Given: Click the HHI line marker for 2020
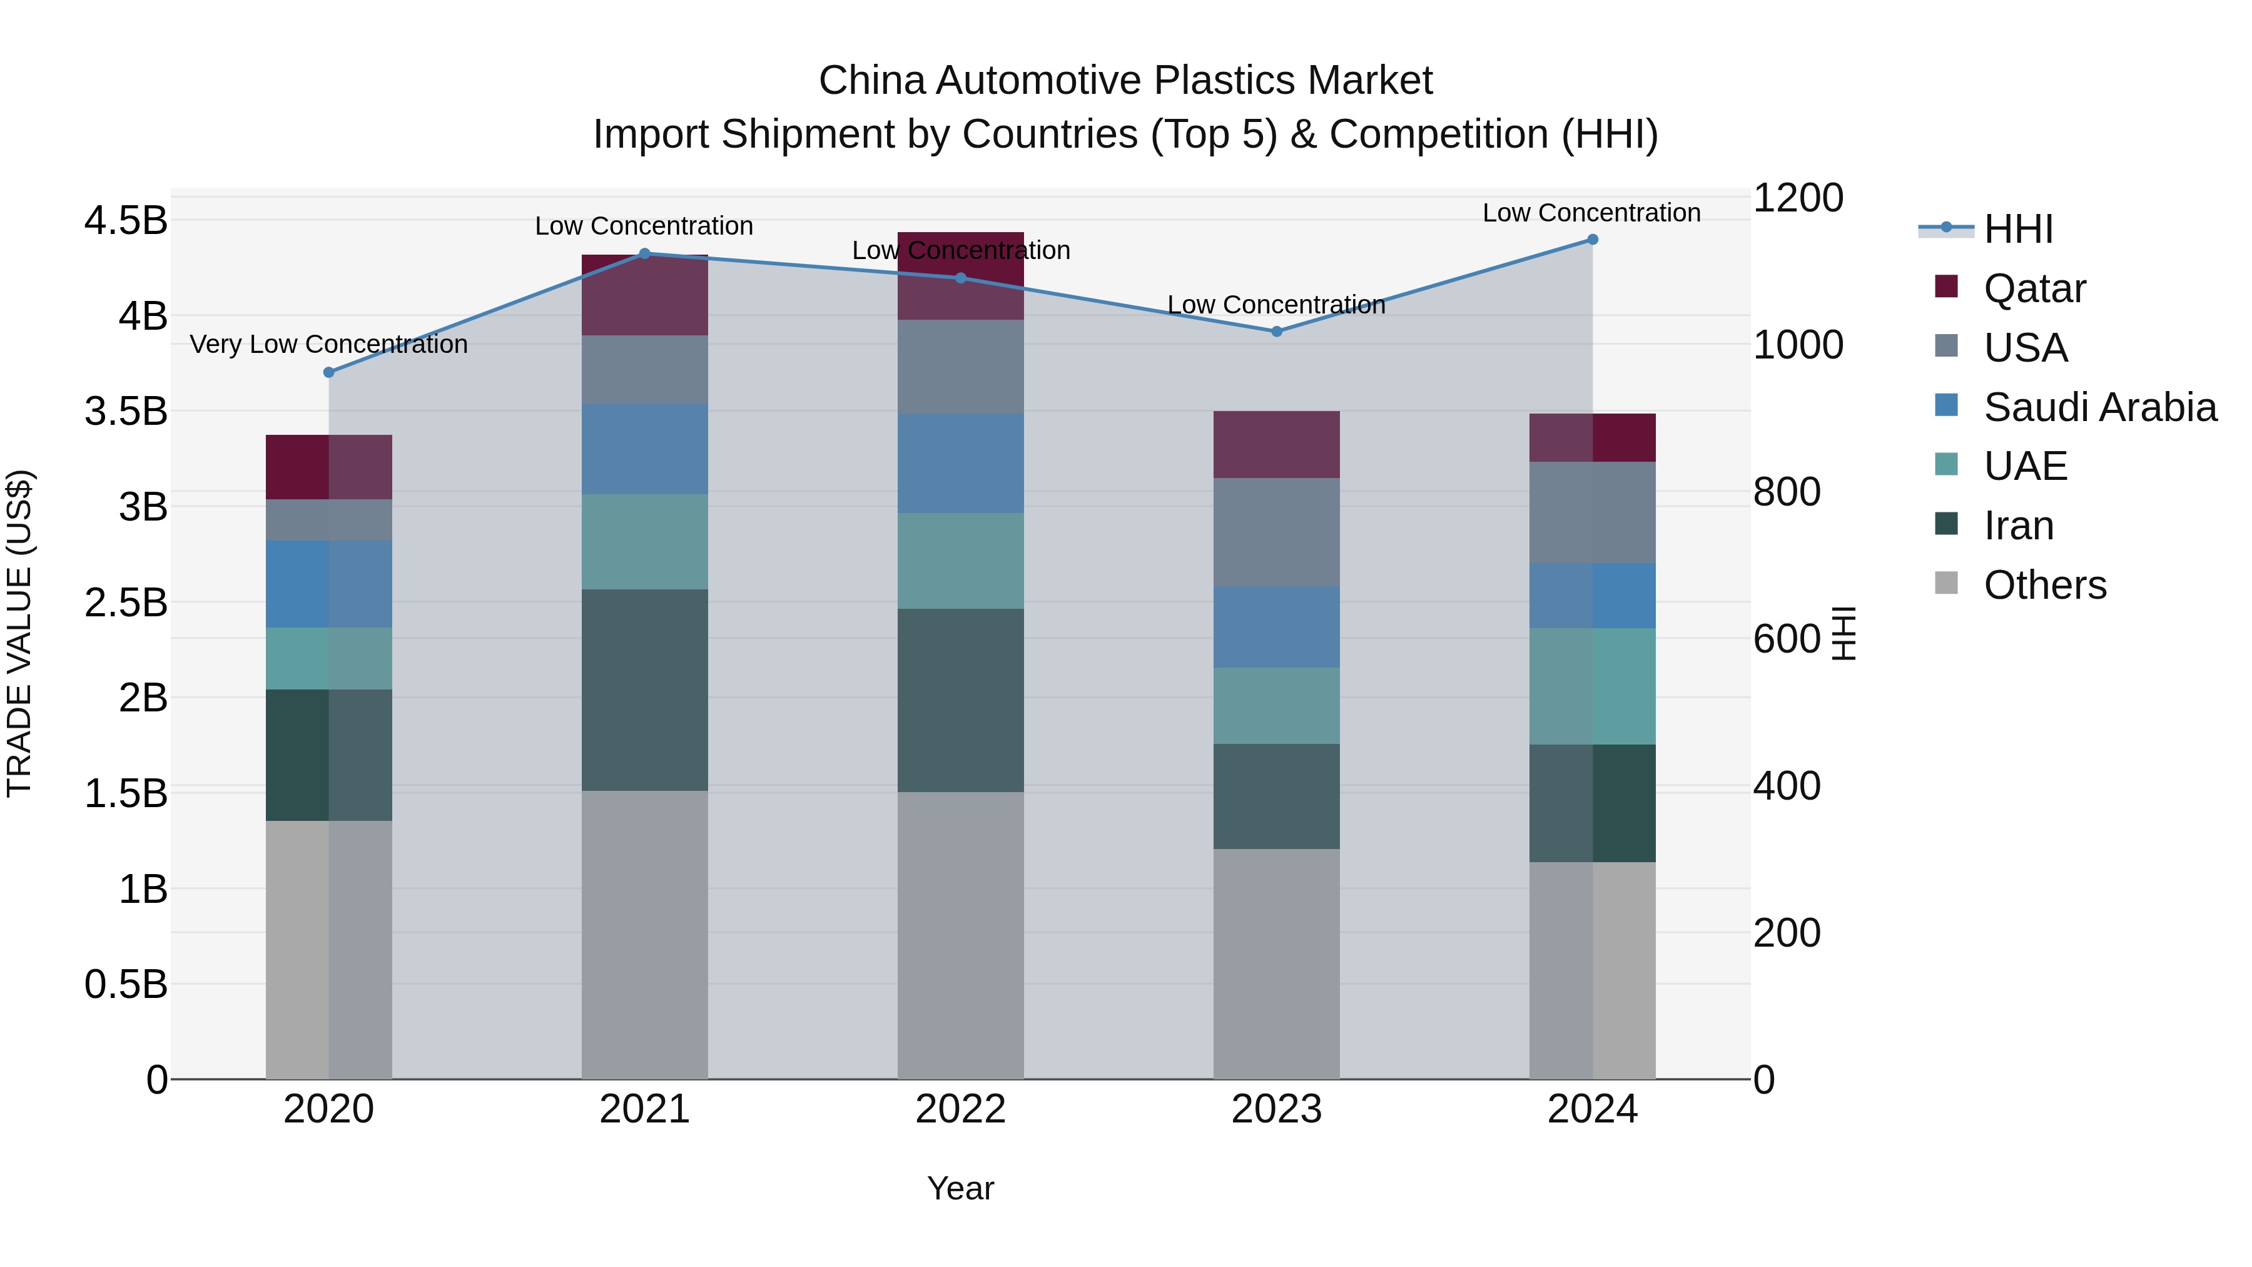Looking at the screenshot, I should pyautogui.click(x=328, y=372).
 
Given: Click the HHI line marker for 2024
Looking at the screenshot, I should pyautogui.click(x=1592, y=240).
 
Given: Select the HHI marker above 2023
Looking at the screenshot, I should pyautogui.click(x=1276, y=332).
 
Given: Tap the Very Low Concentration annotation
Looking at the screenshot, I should pyautogui.click(x=328, y=345).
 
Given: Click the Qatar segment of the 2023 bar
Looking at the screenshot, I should pyautogui.click(x=1276, y=444).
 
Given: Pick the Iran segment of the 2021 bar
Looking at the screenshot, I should pyautogui.click(x=644, y=690).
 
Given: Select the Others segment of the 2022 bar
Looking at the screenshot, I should pyautogui.click(x=960, y=935).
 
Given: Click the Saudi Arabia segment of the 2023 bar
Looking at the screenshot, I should pyautogui.click(x=1276, y=626).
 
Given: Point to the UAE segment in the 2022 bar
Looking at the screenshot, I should pyautogui.click(x=960, y=561).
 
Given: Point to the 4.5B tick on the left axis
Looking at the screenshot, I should pyautogui.click(x=126, y=220).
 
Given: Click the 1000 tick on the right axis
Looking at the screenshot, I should pyautogui.click(x=1798, y=345).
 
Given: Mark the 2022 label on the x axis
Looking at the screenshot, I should pyautogui.click(x=960, y=1109).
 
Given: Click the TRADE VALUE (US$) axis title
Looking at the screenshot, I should pyautogui.click(x=20, y=633).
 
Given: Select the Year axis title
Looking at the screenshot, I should pyautogui.click(x=960, y=1188).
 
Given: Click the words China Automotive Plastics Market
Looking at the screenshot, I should pyautogui.click(x=1125, y=81).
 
